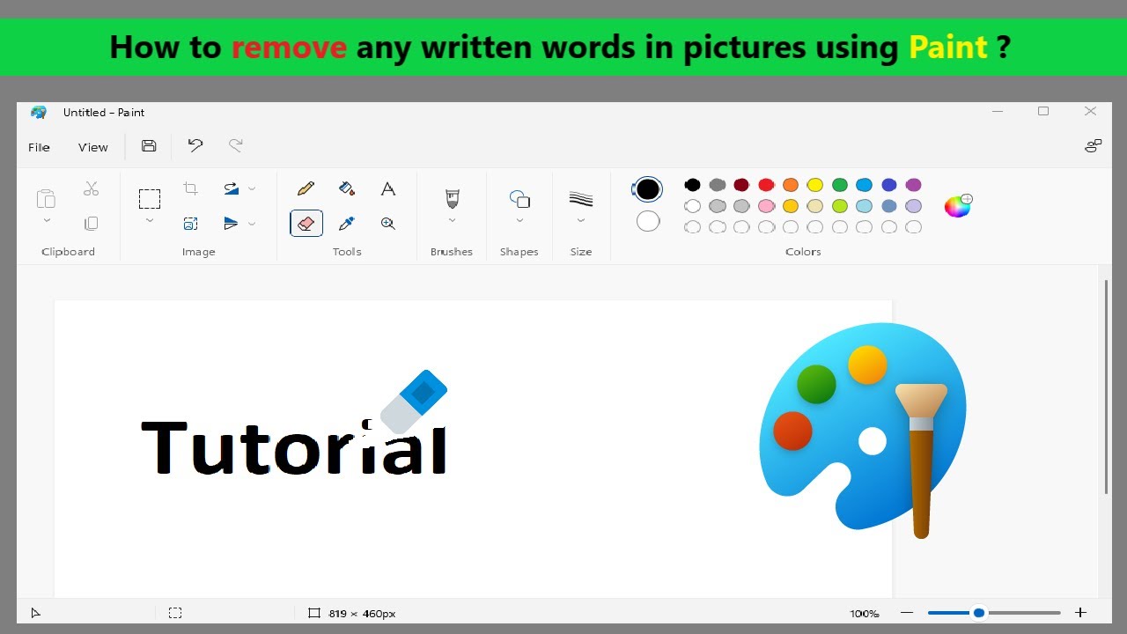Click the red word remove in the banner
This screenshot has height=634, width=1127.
pos(289,48)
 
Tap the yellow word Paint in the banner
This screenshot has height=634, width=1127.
pos(948,48)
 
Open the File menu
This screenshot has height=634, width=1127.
pos(39,147)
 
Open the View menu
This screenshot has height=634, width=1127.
pos(93,147)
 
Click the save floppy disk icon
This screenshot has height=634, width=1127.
pos(149,146)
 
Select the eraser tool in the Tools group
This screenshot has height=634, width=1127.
pos(306,224)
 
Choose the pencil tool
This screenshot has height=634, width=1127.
pos(306,188)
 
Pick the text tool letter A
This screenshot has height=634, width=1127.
pos(388,188)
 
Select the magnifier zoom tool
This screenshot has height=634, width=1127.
pos(388,224)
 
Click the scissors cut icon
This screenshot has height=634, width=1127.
pos(91,188)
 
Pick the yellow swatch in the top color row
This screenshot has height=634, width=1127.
pos(815,185)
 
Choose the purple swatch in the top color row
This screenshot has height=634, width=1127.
pos(913,185)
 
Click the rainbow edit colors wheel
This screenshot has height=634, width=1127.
pos(958,206)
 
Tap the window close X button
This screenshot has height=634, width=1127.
pos(1090,111)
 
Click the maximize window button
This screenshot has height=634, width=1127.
pos(1043,111)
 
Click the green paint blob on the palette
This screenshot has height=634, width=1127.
pos(816,385)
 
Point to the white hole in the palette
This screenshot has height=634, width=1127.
pos(873,441)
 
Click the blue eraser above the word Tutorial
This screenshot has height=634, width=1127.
pos(414,401)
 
